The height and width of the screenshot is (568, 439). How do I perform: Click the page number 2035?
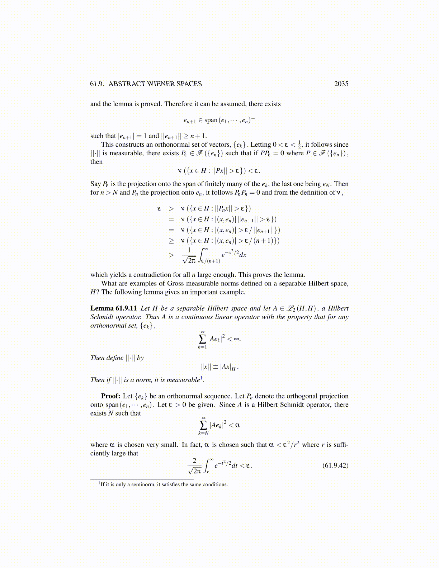[341, 84]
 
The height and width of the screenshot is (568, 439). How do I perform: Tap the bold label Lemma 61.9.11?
[113, 308]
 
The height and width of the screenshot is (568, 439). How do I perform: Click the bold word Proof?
[110, 396]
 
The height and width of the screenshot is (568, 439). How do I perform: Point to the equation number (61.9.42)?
[335, 465]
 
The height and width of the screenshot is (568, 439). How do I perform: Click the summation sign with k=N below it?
[203, 425]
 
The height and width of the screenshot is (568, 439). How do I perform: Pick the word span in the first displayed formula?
[211, 120]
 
